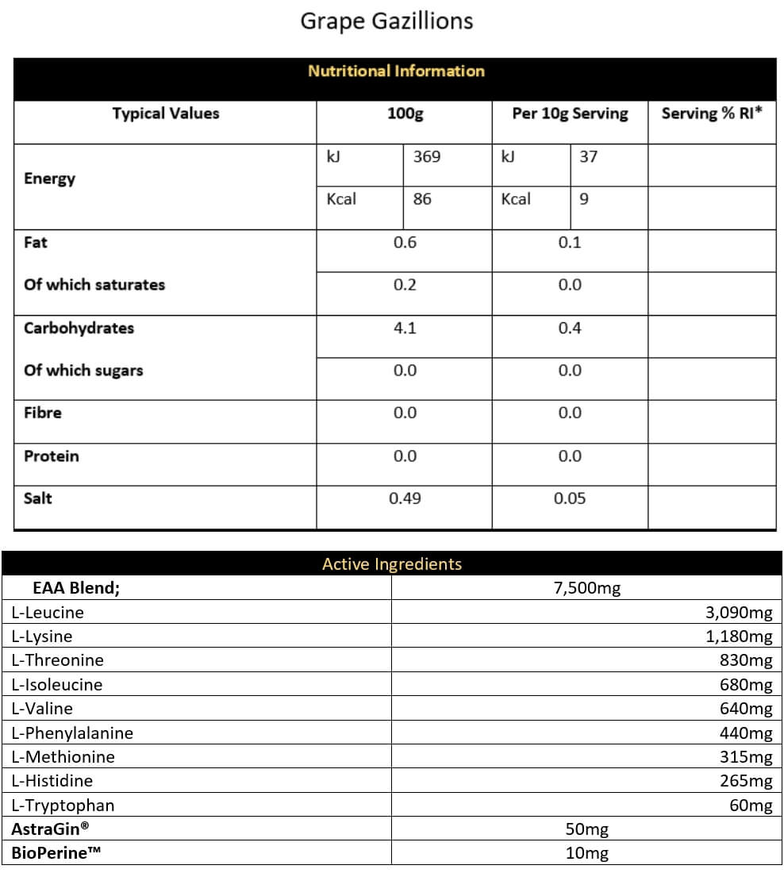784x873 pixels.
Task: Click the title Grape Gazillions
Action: click(x=386, y=21)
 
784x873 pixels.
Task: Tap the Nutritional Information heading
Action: click(x=396, y=71)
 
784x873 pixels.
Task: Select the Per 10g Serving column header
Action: click(x=569, y=113)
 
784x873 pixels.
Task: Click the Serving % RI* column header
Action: click(x=712, y=113)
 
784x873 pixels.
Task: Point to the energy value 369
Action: click(x=426, y=156)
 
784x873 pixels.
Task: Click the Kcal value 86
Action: click(x=422, y=199)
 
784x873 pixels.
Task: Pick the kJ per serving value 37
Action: click(x=588, y=156)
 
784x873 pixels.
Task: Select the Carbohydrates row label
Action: click(x=79, y=328)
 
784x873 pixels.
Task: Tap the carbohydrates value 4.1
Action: click(x=405, y=328)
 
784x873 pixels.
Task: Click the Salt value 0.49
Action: click(x=405, y=498)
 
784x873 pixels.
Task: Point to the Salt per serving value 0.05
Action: click(x=570, y=498)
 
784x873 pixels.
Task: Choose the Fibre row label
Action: click(x=43, y=413)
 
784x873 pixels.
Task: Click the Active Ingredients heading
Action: click(x=391, y=564)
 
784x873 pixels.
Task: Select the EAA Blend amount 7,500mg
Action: click(x=586, y=588)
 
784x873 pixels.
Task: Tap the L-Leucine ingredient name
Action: click(x=48, y=613)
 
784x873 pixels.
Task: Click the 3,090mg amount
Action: click(x=738, y=613)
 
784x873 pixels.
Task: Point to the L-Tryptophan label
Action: click(x=63, y=806)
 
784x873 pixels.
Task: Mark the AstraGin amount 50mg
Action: click(x=586, y=829)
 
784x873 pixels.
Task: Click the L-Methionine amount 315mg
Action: click(x=745, y=757)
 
